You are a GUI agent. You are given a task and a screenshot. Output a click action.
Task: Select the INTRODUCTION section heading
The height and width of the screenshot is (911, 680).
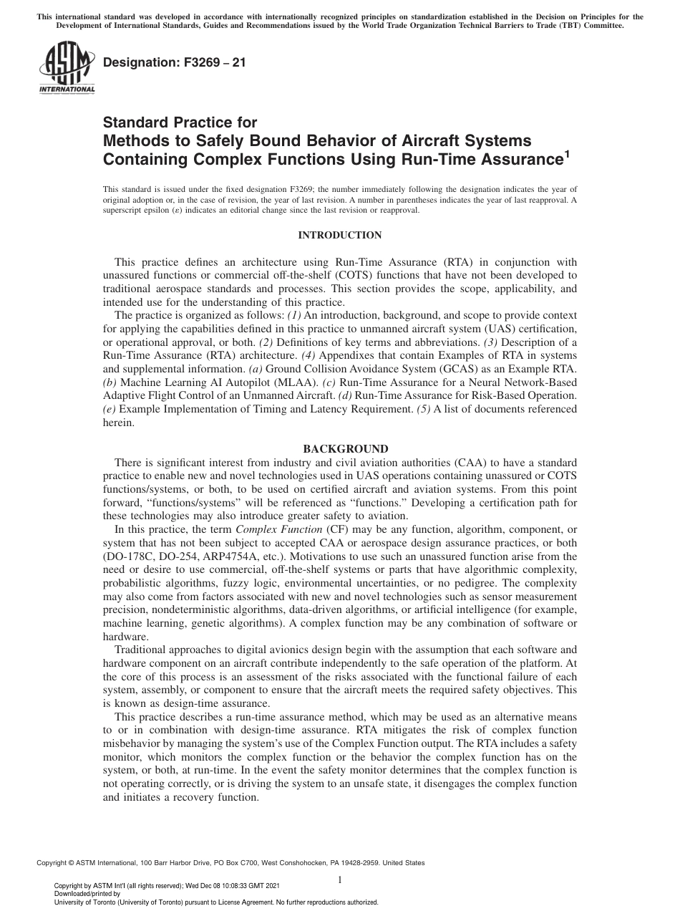pyautogui.click(x=339, y=235)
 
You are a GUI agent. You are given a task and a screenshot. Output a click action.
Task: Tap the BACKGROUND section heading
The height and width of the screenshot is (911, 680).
pyautogui.click(x=339, y=449)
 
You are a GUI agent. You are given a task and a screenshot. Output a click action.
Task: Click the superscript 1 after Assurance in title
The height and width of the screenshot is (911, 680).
pyautogui.click(x=567, y=152)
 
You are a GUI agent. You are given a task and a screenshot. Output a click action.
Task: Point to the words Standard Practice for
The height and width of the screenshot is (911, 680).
pyautogui.click(x=180, y=122)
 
